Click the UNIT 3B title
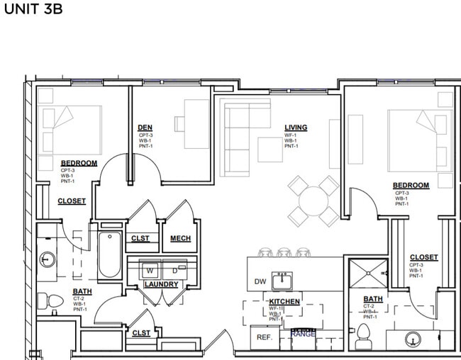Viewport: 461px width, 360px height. tap(34, 11)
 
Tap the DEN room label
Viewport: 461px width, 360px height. tap(145, 128)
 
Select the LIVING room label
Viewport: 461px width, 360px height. tap(296, 128)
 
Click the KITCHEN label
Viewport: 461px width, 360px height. tap(283, 302)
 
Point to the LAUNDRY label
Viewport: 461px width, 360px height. tap(160, 285)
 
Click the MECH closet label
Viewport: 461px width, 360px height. tap(180, 238)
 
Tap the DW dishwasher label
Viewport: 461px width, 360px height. tap(260, 282)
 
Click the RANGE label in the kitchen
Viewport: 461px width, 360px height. tap(303, 334)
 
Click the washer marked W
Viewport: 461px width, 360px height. tap(150, 270)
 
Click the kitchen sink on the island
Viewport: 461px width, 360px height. tap(284, 281)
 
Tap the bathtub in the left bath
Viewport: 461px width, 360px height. tap(109, 255)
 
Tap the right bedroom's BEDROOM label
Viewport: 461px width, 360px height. tap(411, 186)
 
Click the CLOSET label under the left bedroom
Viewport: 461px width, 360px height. tap(72, 201)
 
